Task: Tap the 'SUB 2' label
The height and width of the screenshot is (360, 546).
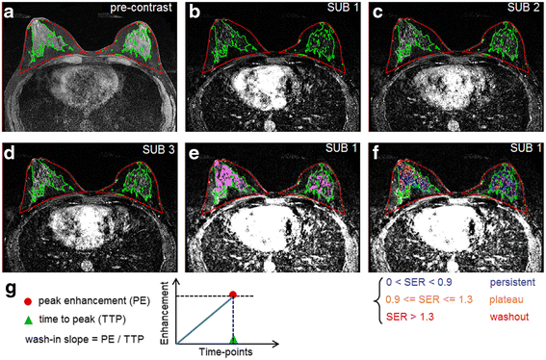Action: coord(523,11)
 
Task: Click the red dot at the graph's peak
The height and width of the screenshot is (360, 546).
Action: coord(233,294)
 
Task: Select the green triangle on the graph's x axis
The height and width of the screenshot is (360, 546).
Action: coord(233,339)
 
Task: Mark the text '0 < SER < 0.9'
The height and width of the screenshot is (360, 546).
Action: coord(416,286)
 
